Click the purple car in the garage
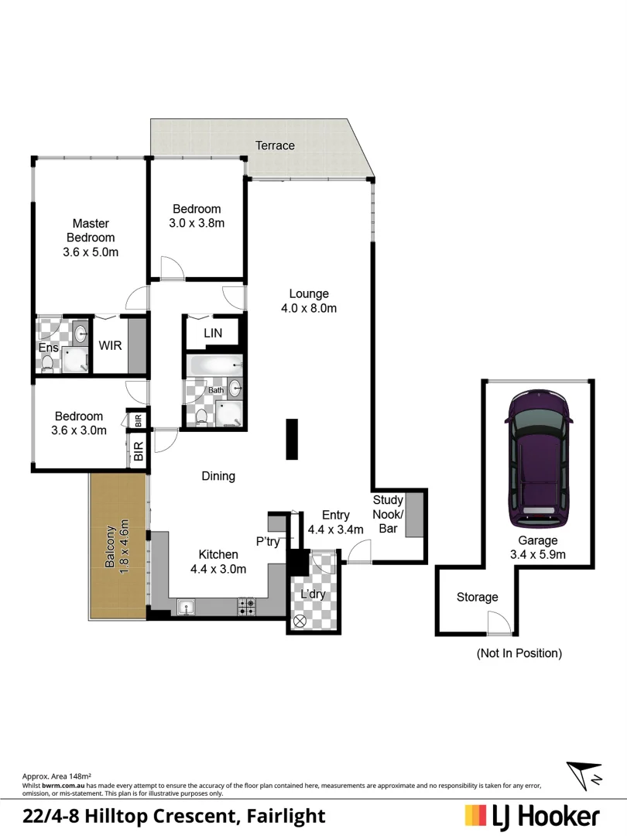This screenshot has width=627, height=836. [x=539, y=457]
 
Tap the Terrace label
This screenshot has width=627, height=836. [x=276, y=146]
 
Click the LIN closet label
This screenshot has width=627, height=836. [x=213, y=333]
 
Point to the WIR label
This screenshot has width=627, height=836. [x=110, y=346]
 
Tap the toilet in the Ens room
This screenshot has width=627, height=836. [x=47, y=362]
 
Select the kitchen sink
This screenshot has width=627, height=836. [x=187, y=608]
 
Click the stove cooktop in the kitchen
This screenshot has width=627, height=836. [x=247, y=607]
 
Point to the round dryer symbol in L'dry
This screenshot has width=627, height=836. [x=300, y=620]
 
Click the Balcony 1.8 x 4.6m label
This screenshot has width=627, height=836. [x=118, y=547]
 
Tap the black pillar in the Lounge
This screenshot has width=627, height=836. [x=291, y=439]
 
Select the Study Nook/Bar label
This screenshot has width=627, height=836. [x=388, y=515]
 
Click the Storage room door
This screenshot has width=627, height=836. [x=498, y=622]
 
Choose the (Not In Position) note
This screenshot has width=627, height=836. [x=519, y=653]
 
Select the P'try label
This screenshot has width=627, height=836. [x=268, y=542]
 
